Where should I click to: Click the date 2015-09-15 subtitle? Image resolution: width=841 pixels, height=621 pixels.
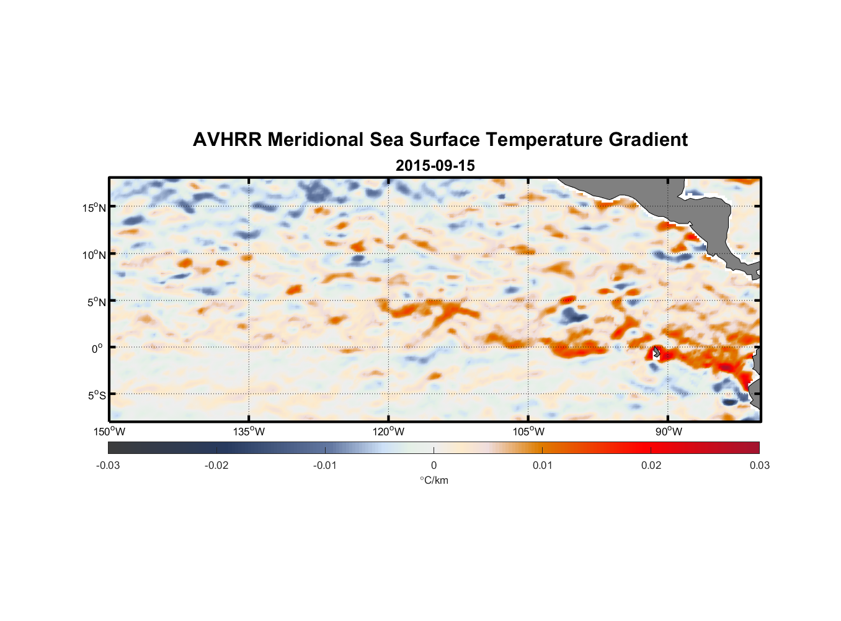435,166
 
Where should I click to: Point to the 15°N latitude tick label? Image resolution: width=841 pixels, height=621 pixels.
94,207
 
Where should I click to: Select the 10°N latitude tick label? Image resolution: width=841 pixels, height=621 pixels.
94,255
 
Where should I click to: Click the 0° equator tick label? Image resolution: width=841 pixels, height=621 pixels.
97,349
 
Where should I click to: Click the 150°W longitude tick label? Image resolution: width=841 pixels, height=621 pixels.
109,432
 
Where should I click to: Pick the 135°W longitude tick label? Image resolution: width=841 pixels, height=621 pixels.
249,432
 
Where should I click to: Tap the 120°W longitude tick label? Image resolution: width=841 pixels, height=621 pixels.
388,432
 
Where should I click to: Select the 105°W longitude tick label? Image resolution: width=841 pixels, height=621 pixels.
528,432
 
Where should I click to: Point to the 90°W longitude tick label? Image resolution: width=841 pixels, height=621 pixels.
669,432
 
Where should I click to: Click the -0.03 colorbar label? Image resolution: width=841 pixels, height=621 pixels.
108,466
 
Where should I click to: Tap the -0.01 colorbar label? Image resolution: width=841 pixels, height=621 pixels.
325,466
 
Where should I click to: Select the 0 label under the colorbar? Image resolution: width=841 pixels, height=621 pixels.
434,466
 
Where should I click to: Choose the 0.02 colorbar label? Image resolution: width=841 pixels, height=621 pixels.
651,466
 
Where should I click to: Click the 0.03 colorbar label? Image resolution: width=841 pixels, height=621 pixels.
759,466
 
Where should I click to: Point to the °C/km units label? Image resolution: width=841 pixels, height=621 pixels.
434,480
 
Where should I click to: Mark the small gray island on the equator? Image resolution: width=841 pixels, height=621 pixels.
656,352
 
